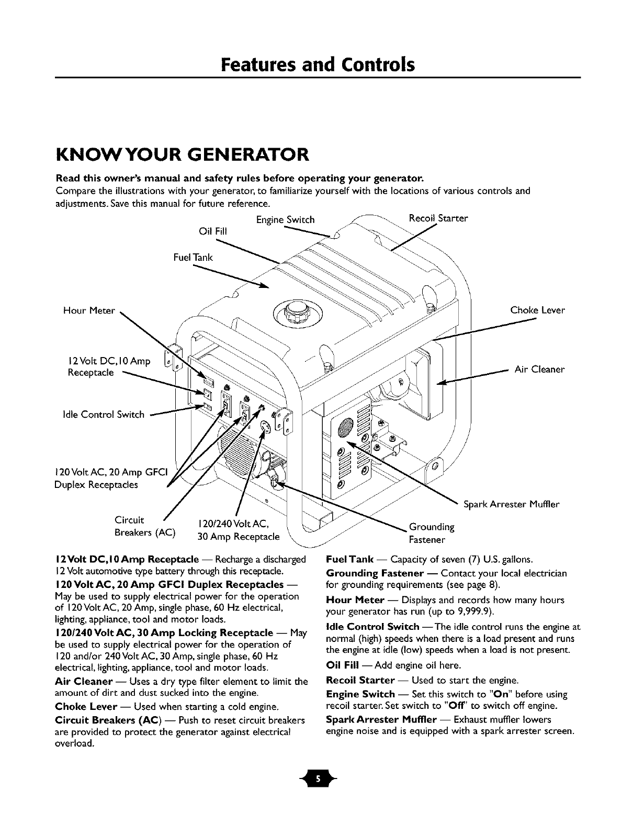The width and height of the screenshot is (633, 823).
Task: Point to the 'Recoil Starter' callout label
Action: click(x=438, y=218)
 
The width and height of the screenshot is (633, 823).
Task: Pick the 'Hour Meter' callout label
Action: click(x=88, y=310)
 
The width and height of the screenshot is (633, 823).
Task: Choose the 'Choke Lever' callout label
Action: click(x=538, y=310)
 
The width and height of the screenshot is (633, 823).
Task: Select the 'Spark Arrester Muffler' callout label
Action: click(x=511, y=505)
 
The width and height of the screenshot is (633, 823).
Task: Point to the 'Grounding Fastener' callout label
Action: click(x=432, y=533)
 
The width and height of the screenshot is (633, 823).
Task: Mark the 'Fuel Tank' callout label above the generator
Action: click(x=193, y=257)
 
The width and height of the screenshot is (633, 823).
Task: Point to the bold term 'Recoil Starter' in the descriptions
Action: click(x=360, y=680)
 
